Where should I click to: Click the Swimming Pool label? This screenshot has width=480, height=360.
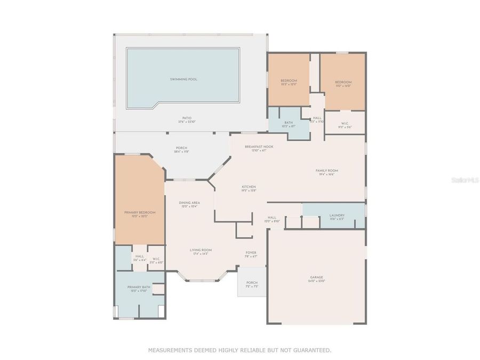click(x=183, y=79)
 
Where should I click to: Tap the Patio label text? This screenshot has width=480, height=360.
click(x=186, y=118)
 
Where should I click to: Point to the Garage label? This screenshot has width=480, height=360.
click(x=317, y=277)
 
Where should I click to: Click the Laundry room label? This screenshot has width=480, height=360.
click(x=337, y=215)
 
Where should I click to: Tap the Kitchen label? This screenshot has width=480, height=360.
click(x=249, y=187)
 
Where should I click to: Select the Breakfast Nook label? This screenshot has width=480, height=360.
click(x=259, y=147)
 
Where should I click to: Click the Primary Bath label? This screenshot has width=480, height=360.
click(x=139, y=287)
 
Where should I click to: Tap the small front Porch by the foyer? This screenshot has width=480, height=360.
click(x=252, y=283)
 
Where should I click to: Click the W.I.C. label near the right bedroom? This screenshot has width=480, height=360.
click(x=344, y=123)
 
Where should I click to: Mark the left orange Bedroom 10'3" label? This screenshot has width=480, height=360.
click(x=289, y=81)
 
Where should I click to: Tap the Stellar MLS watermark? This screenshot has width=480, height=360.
click(x=465, y=181)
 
